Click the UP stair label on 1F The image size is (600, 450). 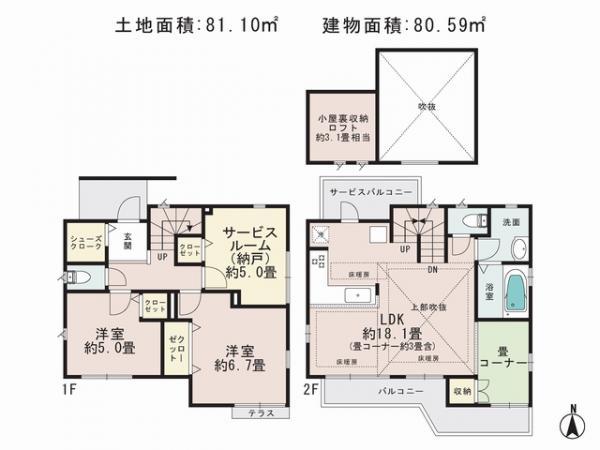point(163,257)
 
